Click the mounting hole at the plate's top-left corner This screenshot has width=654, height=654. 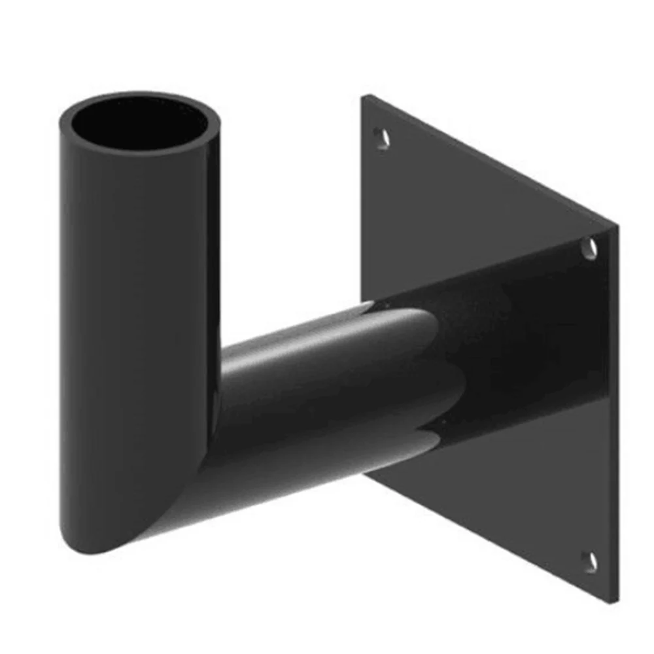click(x=381, y=137)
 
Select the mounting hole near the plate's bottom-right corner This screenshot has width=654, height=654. click(x=590, y=561)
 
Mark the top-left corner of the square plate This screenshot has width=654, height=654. click(x=364, y=96)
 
